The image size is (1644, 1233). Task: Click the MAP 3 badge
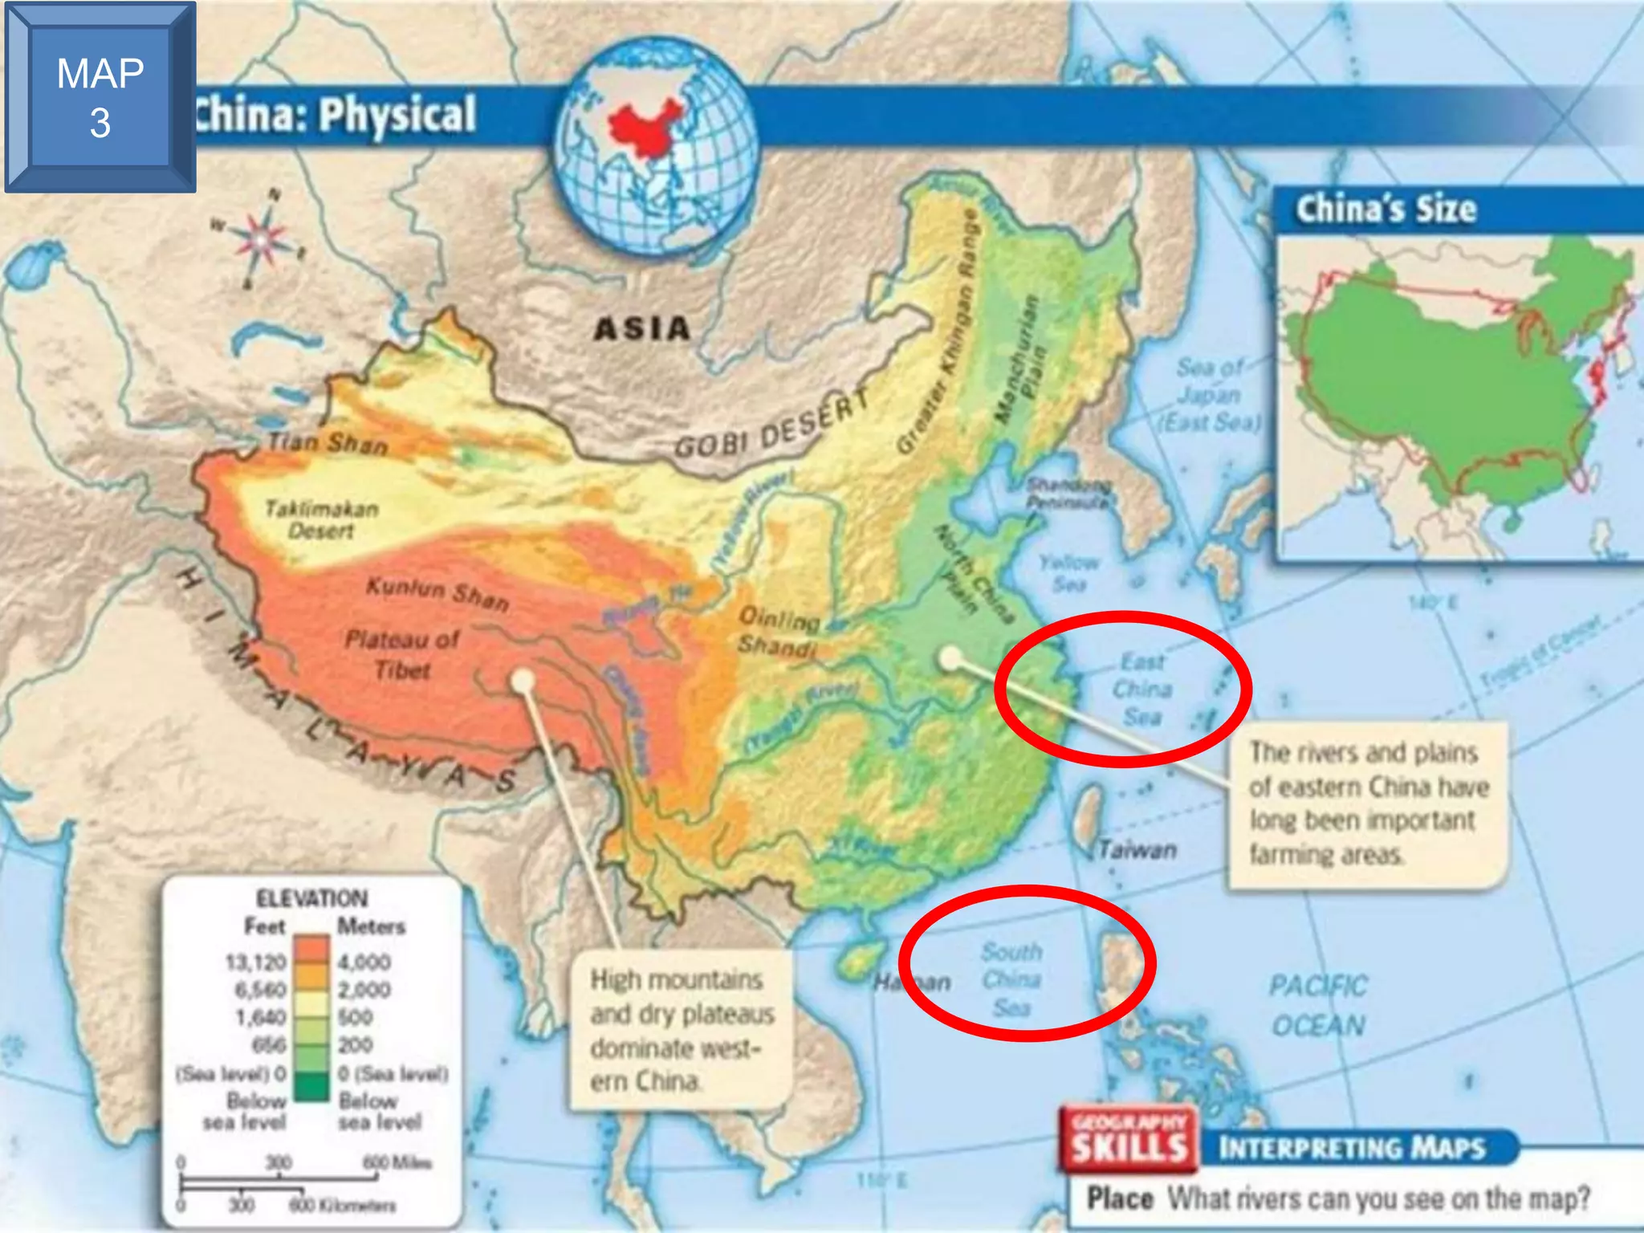(100, 97)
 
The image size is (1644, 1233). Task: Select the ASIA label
(642, 328)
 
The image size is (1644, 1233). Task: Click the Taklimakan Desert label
(321, 519)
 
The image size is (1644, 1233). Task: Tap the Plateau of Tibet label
(401, 654)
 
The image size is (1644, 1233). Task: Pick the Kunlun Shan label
(437, 593)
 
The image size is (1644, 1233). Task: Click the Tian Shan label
(328, 442)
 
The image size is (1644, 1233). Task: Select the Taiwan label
(1137, 849)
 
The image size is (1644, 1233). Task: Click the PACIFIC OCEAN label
(1318, 1005)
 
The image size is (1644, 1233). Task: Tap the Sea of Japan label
(1210, 394)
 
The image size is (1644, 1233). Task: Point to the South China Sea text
(1011, 979)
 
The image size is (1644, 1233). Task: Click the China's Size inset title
(1386, 209)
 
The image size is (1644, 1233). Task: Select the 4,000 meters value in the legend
(364, 962)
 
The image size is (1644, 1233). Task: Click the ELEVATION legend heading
(311, 898)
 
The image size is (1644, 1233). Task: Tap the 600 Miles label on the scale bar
(397, 1162)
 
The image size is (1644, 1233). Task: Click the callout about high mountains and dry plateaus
(681, 1030)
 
